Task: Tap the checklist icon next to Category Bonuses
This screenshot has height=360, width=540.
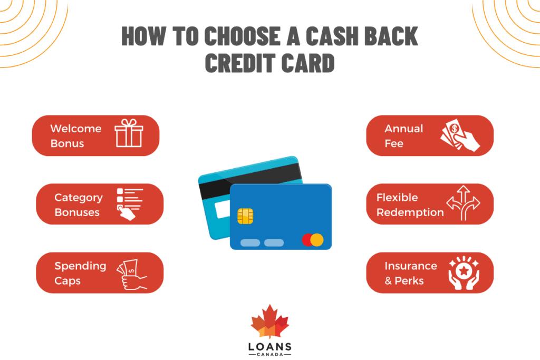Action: click(x=130, y=203)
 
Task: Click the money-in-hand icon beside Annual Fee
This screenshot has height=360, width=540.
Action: click(x=460, y=135)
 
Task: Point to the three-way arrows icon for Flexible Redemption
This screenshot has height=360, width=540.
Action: click(x=463, y=203)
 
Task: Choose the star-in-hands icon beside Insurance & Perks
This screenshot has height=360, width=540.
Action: click(x=463, y=273)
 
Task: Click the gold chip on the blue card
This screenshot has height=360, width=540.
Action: click(x=245, y=216)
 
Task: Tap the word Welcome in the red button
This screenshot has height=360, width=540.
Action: click(x=75, y=129)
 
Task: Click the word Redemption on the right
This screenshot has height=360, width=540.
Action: click(x=410, y=212)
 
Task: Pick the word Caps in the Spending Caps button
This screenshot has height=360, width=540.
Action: click(x=67, y=281)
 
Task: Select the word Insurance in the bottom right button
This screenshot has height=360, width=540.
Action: click(x=411, y=266)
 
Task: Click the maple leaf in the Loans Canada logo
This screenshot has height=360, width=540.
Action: click(x=269, y=322)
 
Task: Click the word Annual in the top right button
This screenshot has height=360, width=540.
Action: click(x=403, y=129)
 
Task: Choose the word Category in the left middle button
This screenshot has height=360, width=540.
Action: click(x=78, y=198)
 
